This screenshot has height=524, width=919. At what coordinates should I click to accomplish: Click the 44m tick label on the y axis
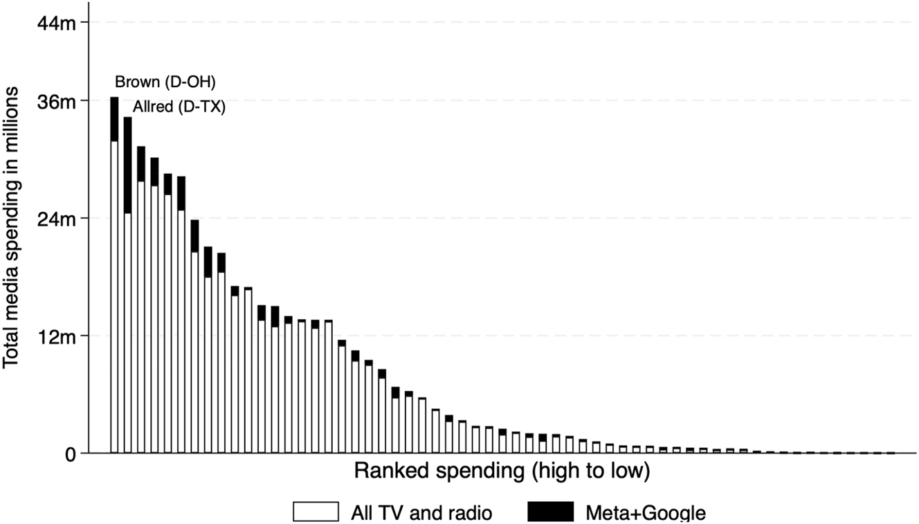click(55, 22)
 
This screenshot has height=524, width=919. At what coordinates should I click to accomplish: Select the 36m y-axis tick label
click(55, 101)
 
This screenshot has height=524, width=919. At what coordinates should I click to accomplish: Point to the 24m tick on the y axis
click(55, 219)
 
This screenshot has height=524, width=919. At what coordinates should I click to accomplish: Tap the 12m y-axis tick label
click(55, 336)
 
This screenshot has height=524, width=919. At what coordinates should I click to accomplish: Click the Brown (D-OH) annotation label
click(165, 82)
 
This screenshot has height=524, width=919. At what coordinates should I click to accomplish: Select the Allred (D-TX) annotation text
click(179, 108)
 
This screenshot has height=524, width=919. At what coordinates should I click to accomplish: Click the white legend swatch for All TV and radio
click(316, 512)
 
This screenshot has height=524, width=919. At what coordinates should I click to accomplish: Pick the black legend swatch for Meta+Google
click(550, 512)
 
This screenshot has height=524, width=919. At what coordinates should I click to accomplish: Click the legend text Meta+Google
click(646, 513)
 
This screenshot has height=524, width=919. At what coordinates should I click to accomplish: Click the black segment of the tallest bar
click(114, 120)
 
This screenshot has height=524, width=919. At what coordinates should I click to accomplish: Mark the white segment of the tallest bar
click(114, 298)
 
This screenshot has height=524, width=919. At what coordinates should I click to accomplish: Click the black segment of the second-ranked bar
click(127, 165)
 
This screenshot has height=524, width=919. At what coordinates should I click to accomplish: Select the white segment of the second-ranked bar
click(127, 332)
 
